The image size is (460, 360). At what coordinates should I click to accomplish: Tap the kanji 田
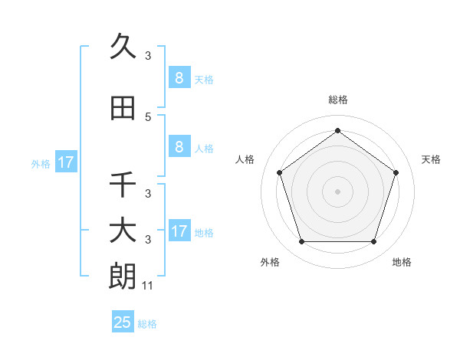[123, 109]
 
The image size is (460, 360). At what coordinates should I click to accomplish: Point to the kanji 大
[123, 231]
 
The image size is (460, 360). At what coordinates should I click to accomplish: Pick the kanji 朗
[123, 277]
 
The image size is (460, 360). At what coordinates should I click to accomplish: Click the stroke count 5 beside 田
[148, 117]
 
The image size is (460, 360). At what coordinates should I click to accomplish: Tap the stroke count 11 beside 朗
[149, 286]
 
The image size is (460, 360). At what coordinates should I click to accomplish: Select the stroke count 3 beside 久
[148, 56]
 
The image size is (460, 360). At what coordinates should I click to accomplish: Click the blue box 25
[123, 322]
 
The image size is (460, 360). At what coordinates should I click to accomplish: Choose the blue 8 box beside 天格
[179, 77]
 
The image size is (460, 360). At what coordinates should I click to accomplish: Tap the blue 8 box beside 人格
[179, 147]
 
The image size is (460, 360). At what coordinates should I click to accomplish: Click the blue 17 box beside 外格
[65, 162]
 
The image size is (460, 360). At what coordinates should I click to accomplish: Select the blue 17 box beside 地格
[179, 231]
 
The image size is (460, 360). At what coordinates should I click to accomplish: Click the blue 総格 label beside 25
[147, 324]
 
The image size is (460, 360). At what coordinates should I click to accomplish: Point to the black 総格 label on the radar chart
[337, 100]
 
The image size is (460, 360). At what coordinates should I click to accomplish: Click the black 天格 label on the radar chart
[431, 159]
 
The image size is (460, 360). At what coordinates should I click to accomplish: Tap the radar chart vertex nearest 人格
[279, 172]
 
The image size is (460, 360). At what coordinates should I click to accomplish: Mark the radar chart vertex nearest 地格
[373, 242]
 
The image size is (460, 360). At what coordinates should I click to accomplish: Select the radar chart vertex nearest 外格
[301, 242]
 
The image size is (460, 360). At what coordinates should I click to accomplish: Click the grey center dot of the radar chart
[337, 191]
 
